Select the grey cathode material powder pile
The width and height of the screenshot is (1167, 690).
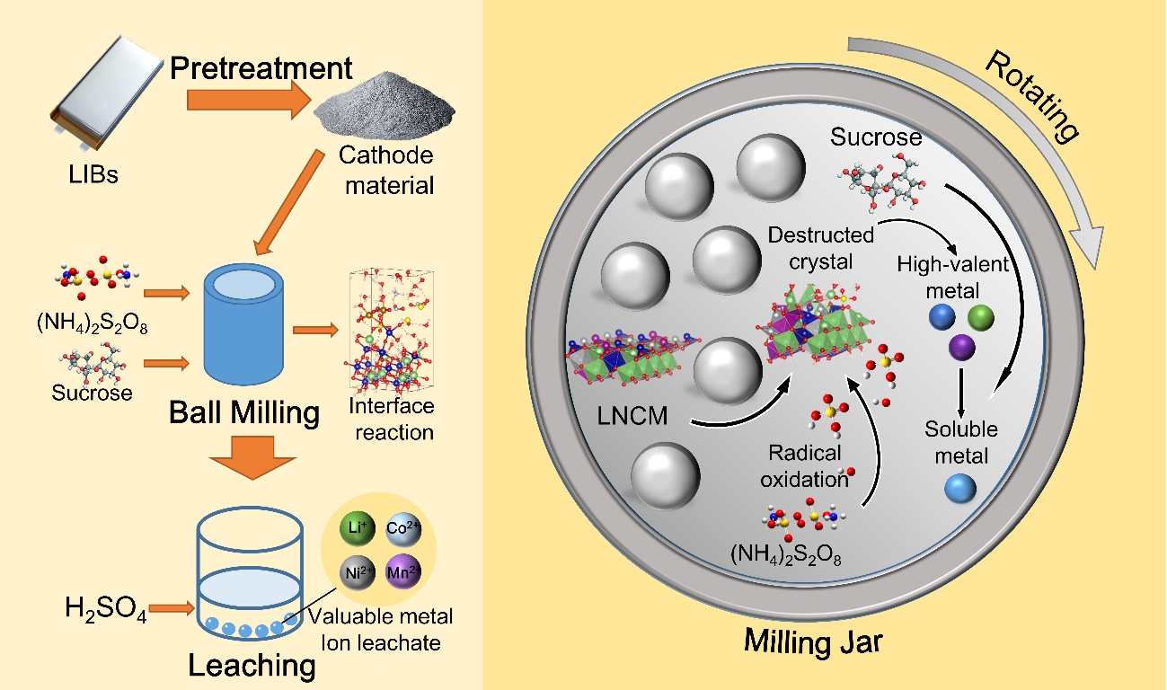(x=375, y=106)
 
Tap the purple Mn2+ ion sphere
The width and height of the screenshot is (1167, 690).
(x=401, y=571)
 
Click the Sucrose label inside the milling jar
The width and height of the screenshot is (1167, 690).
(x=876, y=137)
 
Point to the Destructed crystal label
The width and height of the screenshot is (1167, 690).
(x=820, y=248)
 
